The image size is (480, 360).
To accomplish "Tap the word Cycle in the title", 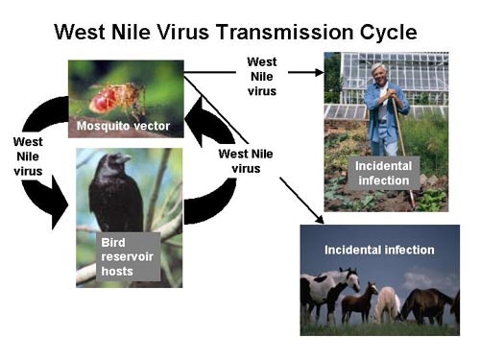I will click(x=389, y=32).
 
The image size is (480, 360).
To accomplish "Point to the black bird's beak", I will click(x=126, y=158).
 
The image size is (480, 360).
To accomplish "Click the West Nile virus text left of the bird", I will click(x=28, y=156).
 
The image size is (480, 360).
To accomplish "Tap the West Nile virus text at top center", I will click(x=261, y=77).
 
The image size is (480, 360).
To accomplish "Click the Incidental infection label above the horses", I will click(x=378, y=250).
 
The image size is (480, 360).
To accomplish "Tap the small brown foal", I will click(x=361, y=301).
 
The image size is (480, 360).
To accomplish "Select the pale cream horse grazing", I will click(x=388, y=303).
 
